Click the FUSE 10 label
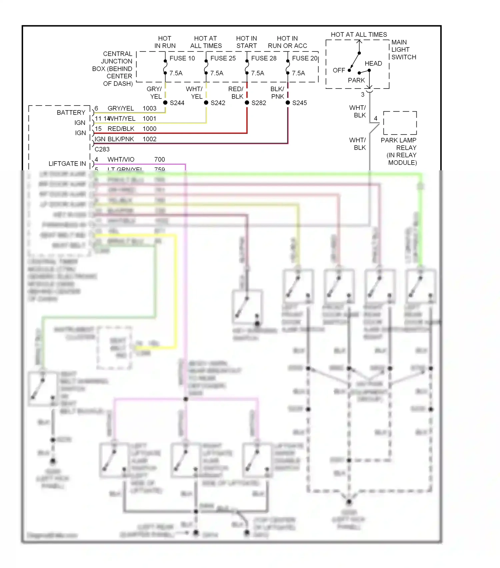point(182,58)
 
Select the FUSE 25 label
point(223,58)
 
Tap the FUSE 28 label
point(264,58)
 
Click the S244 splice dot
point(165,103)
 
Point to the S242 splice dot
point(206,103)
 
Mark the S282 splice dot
point(247,103)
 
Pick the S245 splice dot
point(288,103)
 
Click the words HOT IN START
point(246,42)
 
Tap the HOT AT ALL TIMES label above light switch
point(359,34)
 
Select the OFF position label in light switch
point(339,70)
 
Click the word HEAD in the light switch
point(373,63)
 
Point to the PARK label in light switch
point(356,80)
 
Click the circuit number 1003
point(149,108)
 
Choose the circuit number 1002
point(149,139)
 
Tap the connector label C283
point(102,149)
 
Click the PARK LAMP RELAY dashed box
point(400,123)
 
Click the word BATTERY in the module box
point(71,113)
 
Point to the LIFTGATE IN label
point(67,164)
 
